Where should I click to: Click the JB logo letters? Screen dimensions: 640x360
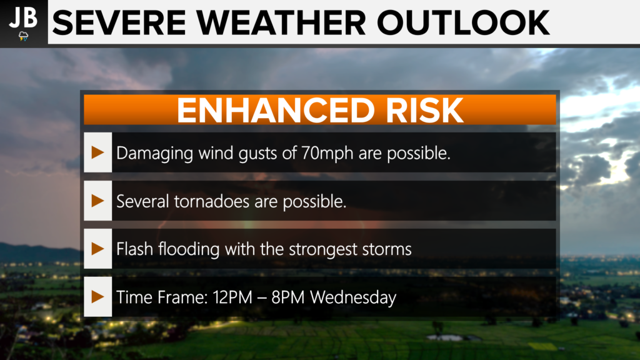pyautogui.click(x=23, y=18)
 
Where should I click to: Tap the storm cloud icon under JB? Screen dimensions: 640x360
pyautogui.click(x=24, y=36)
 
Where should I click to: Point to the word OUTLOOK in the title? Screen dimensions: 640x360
pyautogui.click(x=463, y=23)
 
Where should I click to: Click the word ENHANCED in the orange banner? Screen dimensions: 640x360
pyautogui.click(x=276, y=110)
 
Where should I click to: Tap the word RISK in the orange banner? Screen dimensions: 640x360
pyautogui.click(x=424, y=110)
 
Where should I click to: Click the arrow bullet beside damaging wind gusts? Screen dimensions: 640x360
pyautogui.click(x=97, y=152)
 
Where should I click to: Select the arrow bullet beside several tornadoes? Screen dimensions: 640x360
pyautogui.click(x=97, y=201)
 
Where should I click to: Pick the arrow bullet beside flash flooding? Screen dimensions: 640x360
pyautogui.click(x=97, y=249)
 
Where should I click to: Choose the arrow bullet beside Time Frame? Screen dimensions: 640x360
pyautogui.click(x=97, y=297)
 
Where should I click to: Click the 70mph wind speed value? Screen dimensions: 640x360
pyautogui.click(x=327, y=154)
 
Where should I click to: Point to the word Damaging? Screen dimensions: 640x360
pyautogui.click(x=155, y=154)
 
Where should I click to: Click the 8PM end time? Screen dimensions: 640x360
pyautogui.click(x=287, y=297)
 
